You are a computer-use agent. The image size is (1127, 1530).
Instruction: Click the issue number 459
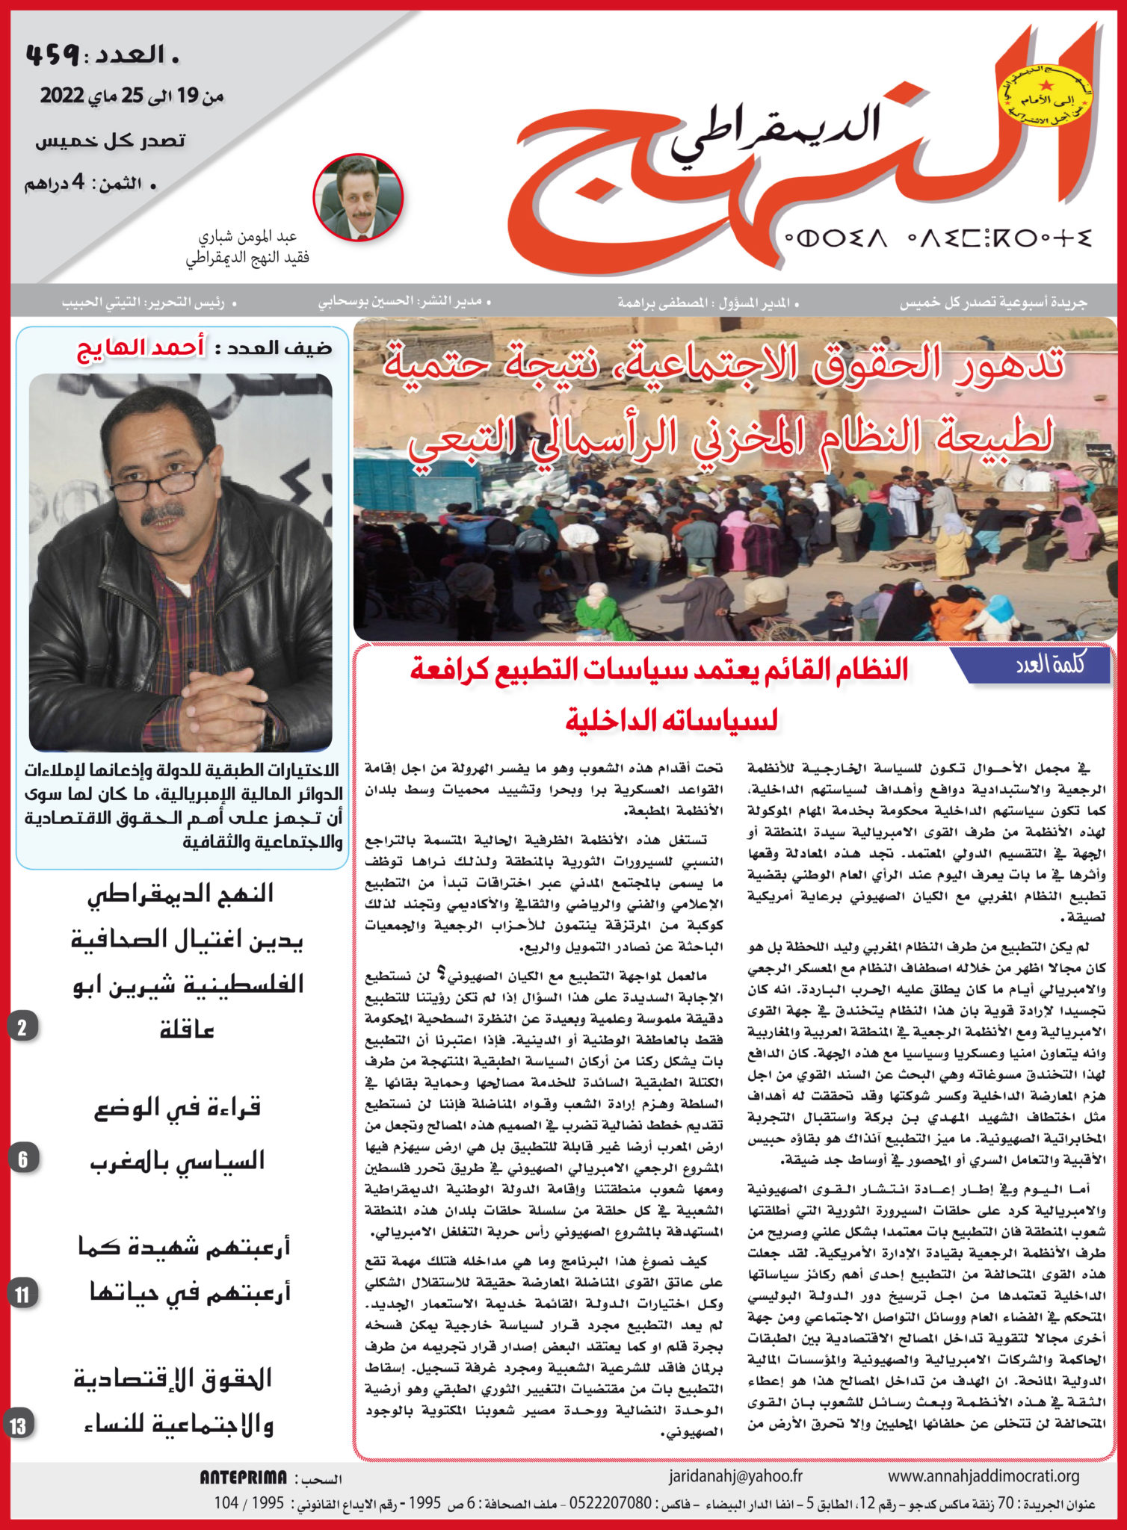52,54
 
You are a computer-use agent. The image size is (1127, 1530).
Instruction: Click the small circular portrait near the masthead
358,197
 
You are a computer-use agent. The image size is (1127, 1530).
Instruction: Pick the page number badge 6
22,1159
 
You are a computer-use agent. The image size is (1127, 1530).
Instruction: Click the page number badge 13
18,1425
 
